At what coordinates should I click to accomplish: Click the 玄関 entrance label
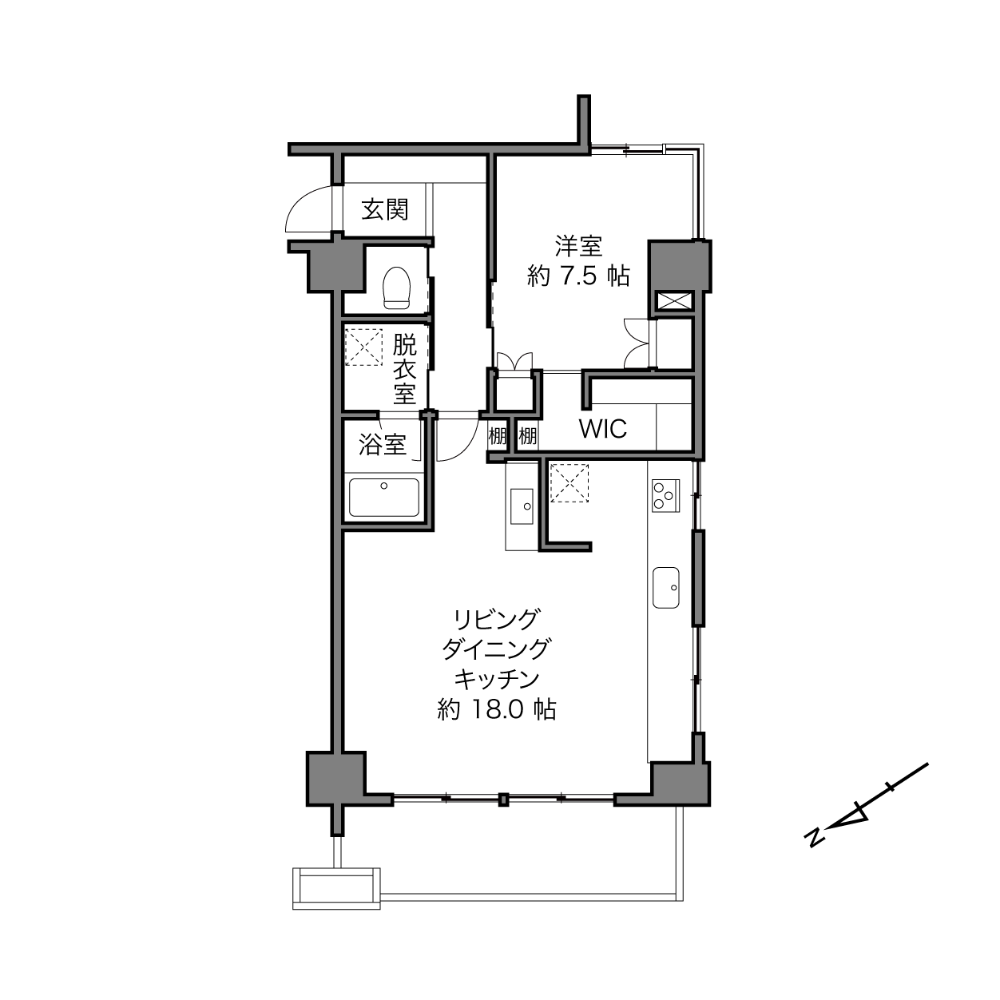point(385,209)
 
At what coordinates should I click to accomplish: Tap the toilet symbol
point(396,288)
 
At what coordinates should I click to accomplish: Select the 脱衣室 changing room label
point(405,369)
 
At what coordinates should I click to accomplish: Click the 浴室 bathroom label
point(383,445)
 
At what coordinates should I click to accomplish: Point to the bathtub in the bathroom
point(384,497)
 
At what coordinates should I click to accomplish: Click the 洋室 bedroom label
point(578,246)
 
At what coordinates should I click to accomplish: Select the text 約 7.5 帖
point(578,276)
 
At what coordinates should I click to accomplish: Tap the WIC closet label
point(603,429)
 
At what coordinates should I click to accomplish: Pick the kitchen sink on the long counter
point(666,587)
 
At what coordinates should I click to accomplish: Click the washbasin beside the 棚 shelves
point(522,506)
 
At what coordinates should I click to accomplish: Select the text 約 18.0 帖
point(497,709)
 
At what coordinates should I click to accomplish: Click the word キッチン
point(497,679)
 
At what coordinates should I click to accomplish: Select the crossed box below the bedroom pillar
point(674,301)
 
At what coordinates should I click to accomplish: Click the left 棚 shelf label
point(497,435)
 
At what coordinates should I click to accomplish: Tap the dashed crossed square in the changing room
point(363,347)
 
